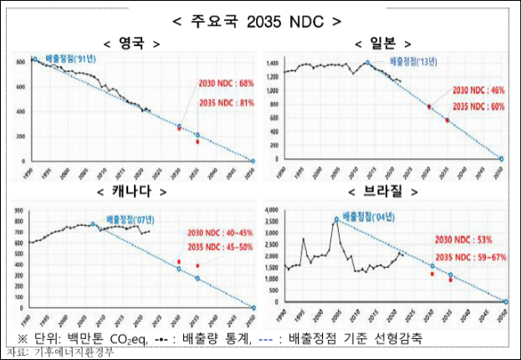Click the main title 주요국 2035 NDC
click(x=260, y=18)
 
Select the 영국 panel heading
click(x=130, y=43)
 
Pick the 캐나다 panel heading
click(x=130, y=193)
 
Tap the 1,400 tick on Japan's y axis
click(x=273, y=64)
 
